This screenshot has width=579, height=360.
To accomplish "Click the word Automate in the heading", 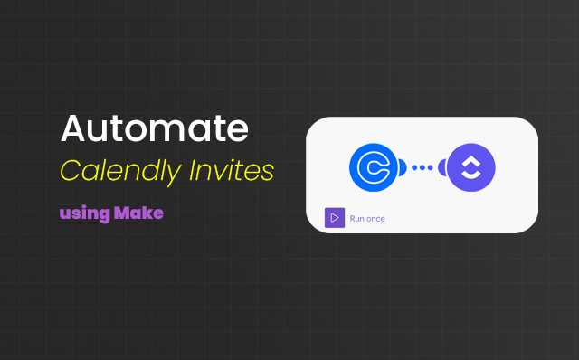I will coord(154,130).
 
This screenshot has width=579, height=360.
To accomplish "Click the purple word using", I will coord(84,214).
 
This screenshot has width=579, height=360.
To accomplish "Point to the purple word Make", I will coord(138,214).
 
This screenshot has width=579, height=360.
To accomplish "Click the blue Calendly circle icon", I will coord(374,167).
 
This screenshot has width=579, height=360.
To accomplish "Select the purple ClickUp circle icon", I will coord(471,167).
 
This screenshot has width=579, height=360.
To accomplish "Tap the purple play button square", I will coord(335,218).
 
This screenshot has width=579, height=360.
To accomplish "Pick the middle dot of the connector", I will coord(422,167).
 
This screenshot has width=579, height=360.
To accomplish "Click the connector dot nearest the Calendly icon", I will coord(414,167).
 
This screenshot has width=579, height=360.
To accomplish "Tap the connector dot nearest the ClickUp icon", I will coord(431,167).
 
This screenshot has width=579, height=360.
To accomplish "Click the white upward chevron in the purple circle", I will coord(471,160).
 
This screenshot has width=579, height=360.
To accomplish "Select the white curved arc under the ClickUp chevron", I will coord(471,175).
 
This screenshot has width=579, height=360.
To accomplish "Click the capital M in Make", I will coord(122,214).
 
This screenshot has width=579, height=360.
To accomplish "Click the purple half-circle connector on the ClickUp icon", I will coord(442,167).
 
